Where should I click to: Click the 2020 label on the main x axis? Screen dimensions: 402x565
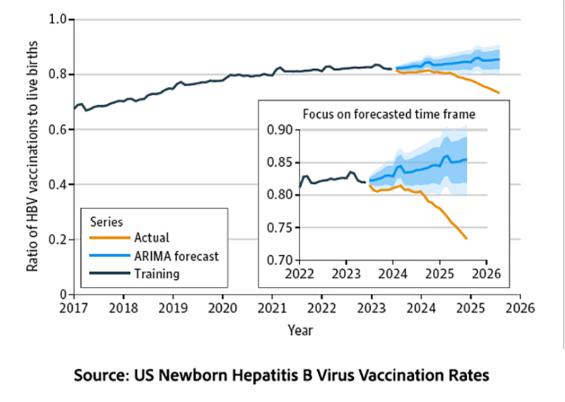coord(222,308)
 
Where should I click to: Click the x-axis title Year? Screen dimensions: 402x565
coord(299,329)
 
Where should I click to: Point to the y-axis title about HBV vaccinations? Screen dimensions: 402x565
coord(32,155)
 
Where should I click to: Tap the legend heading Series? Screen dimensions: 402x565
coord(107,220)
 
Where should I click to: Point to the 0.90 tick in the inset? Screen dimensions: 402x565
coord(280,130)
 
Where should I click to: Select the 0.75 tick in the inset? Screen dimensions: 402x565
coord(280,228)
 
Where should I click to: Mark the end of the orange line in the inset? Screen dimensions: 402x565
coord(467,239)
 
